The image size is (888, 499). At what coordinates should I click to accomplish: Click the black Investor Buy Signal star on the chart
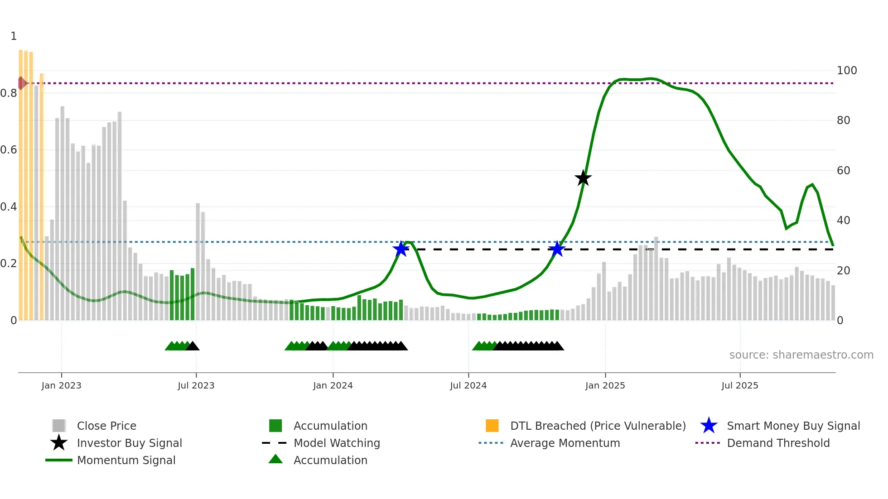(x=583, y=178)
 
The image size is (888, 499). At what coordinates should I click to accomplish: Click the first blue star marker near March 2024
(x=401, y=249)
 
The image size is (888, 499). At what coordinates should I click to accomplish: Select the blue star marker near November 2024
(x=557, y=249)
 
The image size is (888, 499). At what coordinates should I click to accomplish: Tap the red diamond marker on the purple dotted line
(x=21, y=83)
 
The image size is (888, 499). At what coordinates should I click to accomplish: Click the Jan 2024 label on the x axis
(x=333, y=385)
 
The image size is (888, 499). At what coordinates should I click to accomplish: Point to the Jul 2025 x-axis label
(x=739, y=385)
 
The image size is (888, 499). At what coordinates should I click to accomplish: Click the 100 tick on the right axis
(x=846, y=71)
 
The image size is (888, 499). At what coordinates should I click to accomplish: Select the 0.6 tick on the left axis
(x=9, y=150)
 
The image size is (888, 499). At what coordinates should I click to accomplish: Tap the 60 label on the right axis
(x=843, y=171)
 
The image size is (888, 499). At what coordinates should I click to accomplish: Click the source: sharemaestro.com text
(x=801, y=355)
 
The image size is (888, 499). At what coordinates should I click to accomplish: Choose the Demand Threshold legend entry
(x=778, y=443)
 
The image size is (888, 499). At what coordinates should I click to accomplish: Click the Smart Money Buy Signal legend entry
(x=793, y=426)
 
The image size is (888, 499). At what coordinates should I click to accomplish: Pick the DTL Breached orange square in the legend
(x=492, y=426)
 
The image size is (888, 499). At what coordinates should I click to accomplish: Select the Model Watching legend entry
(x=336, y=443)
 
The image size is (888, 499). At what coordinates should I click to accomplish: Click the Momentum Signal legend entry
(x=126, y=460)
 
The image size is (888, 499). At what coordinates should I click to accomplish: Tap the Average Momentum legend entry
(x=565, y=443)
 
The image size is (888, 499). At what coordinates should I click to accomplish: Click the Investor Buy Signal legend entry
(x=129, y=443)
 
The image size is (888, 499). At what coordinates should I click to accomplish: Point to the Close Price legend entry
(x=106, y=426)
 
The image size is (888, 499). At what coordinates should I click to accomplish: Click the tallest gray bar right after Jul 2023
(x=198, y=262)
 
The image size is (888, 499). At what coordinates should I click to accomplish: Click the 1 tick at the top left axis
(x=14, y=36)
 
